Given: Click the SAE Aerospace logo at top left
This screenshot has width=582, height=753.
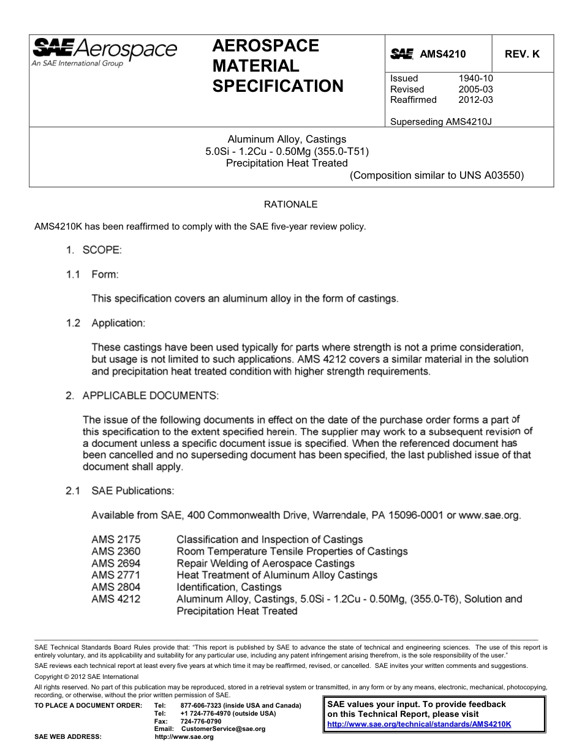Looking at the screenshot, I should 104,51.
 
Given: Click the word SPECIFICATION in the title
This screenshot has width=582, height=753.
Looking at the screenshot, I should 278,86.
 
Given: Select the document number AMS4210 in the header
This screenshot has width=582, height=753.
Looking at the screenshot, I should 442,54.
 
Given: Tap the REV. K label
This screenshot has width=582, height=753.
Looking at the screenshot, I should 522,54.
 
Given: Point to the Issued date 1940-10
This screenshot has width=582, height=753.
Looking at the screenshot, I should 475,78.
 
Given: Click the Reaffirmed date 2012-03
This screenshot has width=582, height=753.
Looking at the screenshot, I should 475,100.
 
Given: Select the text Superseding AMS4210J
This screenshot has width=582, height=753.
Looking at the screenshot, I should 441,121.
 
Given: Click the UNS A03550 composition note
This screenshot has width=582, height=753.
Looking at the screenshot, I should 437,175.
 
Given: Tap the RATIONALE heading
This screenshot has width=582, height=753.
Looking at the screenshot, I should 290,204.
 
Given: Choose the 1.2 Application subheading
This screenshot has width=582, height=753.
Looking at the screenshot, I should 105,323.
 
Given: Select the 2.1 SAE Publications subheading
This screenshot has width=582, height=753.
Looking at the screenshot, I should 120,491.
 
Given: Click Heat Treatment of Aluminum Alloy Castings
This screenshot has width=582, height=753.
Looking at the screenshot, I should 277,575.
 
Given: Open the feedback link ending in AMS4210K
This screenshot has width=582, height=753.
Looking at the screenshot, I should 419,724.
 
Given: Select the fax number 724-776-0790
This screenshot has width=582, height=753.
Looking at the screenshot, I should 201,721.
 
